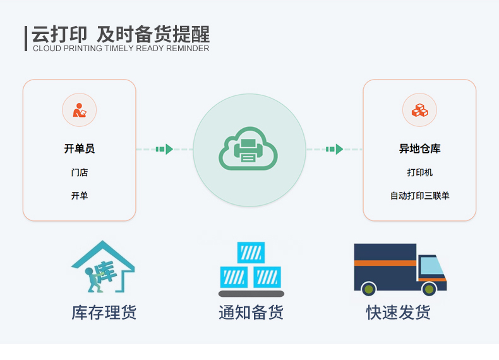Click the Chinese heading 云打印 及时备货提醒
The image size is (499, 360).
[121, 34]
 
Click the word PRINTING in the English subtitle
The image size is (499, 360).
[82, 49]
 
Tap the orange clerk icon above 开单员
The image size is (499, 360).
[79, 110]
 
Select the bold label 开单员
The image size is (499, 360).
[79, 148]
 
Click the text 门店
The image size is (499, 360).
[79, 172]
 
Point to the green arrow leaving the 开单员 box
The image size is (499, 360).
[164, 149]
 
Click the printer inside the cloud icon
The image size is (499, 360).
[248, 150]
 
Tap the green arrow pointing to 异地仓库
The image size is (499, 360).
[335, 149]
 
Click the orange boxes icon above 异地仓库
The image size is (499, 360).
[420, 110]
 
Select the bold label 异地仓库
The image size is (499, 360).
[420, 148]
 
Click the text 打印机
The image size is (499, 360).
[420, 172]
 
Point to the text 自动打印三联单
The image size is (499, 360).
[420, 195]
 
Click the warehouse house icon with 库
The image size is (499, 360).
[103, 267]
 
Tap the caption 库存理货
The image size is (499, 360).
[104, 312]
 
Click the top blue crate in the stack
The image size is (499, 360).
[251, 253]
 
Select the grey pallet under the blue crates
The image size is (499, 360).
[251, 294]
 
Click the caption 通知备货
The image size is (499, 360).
[251, 312]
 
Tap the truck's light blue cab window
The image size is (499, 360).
[432, 266]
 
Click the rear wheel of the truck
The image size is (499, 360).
[368, 289]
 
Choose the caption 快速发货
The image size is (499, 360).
[399, 312]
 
